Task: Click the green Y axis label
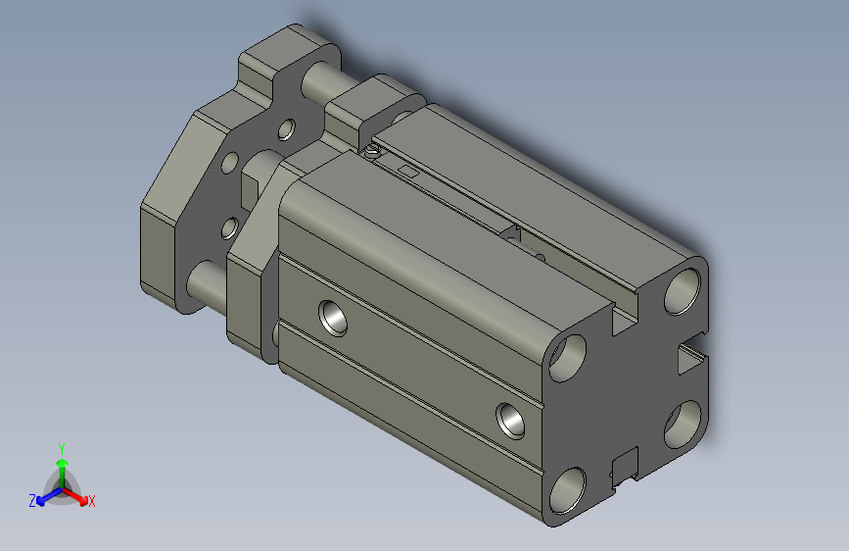[x=61, y=446]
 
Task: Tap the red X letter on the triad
[x=92, y=501]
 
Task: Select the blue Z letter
[x=32, y=500]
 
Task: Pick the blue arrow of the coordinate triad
[x=45, y=496]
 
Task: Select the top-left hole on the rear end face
[x=567, y=357]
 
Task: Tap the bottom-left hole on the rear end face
[x=568, y=489]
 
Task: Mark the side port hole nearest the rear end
[x=510, y=419]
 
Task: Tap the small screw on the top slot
[x=374, y=150]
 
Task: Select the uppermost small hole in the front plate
[x=286, y=128]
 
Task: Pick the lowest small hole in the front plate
[x=229, y=228]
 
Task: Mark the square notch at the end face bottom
[x=625, y=465]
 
